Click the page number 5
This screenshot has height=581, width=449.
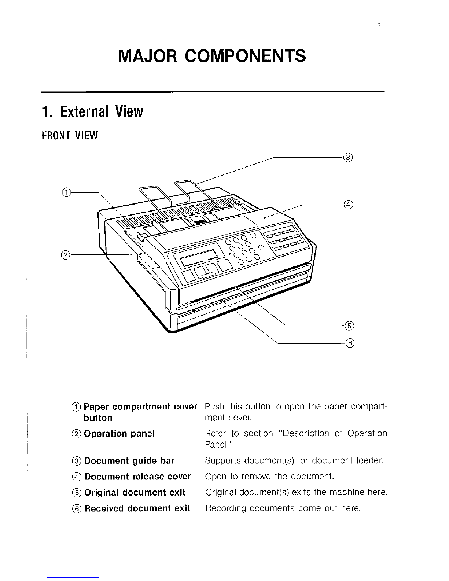pyautogui.click(x=379, y=25)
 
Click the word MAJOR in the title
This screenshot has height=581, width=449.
pyautogui.click(x=148, y=56)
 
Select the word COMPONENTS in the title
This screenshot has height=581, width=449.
pyautogui.click(x=245, y=56)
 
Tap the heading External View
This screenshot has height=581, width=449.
pyautogui.click(x=92, y=111)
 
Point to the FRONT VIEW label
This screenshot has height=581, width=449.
pyautogui.click(x=70, y=136)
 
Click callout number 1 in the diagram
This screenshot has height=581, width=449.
pyautogui.click(x=66, y=191)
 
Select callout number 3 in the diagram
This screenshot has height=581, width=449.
pyautogui.click(x=347, y=158)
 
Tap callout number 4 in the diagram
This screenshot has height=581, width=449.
pyautogui.click(x=348, y=204)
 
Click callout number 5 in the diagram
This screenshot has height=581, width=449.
pyautogui.click(x=349, y=325)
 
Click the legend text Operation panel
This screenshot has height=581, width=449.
pyautogui.click(x=119, y=434)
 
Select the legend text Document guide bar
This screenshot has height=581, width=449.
pyautogui.click(x=129, y=460)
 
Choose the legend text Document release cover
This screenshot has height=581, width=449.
pyautogui.click(x=137, y=477)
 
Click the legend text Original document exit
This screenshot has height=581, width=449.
pyautogui.click(x=135, y=492)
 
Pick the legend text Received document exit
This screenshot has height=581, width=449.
pyautogui.click(x=137, y=508)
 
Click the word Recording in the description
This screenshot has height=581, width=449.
pyautogui.click(x=226, y=508)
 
